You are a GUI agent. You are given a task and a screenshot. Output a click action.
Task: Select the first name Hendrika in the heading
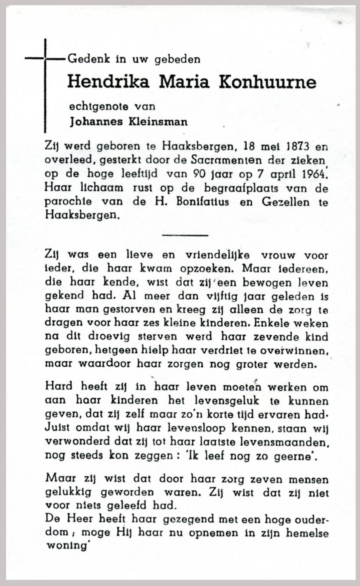[108, 81]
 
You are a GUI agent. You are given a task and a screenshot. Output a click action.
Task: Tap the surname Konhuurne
[267, 82]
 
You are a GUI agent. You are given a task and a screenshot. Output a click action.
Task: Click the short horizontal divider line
[185, 235]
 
